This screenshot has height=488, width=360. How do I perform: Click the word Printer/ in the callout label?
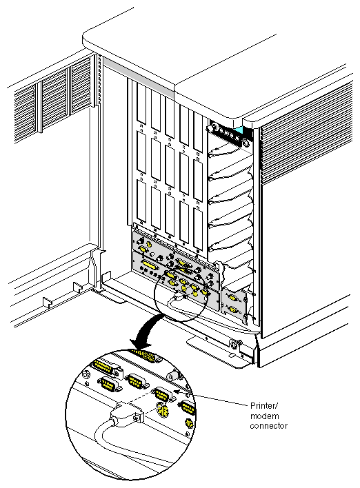point(263,406)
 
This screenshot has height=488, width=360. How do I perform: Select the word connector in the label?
point(269,426)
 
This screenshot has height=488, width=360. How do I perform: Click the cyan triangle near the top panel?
point(239,130)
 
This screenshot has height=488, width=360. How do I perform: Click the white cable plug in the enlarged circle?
point(127,414)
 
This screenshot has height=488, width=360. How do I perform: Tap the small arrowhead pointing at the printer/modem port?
point(177,392)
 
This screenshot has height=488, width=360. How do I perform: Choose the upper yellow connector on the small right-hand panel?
point(232,297)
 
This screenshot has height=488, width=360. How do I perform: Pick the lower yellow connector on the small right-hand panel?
point(232,309)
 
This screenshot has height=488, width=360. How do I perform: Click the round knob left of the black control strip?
point(213,128)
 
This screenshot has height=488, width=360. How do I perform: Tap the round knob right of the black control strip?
point(246,143)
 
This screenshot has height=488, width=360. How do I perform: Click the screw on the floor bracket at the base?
point(234,344)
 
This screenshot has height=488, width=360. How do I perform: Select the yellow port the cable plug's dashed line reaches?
point(161,394)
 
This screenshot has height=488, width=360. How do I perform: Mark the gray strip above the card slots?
point(138,75)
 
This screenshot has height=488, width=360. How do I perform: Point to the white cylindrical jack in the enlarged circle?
point(173,376)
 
